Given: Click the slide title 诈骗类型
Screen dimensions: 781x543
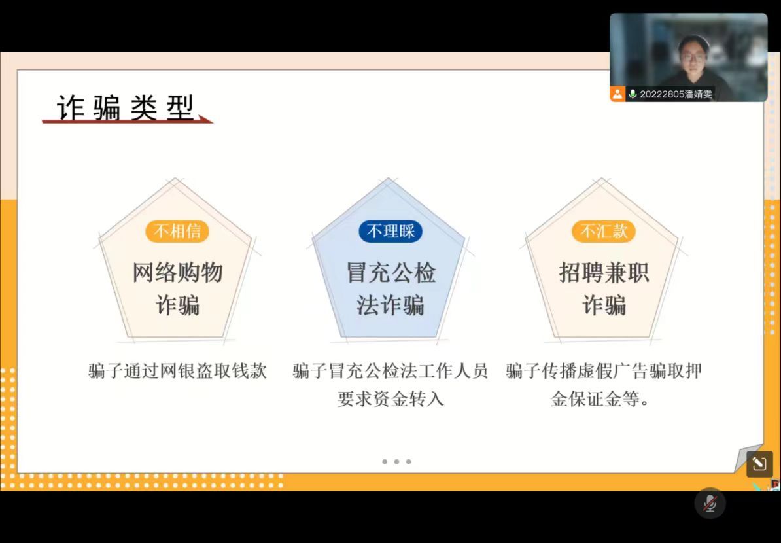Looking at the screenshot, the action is [125, 107].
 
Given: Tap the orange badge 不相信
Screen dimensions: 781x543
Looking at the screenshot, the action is [177, 231].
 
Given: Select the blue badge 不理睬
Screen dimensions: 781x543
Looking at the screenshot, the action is [390, 231].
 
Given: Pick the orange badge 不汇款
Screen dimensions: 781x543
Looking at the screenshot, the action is [604, 231].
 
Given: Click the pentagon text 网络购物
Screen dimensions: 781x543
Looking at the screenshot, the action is [177, 273].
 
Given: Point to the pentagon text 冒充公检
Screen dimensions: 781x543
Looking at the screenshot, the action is [391, 273].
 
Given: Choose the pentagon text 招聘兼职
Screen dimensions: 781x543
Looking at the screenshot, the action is [604, 273].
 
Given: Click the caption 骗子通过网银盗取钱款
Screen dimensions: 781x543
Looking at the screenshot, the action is [178, 371].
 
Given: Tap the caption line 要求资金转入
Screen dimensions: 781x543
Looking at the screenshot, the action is [390, 399].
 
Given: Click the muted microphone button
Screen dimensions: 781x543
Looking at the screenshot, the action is [710, 503].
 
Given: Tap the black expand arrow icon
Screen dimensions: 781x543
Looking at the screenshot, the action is [759, 464].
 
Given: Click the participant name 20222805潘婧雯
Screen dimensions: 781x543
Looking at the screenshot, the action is [676, 94].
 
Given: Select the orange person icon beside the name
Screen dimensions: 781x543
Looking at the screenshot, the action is [617, 94].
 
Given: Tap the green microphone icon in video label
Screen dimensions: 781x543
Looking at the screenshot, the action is [633, 94].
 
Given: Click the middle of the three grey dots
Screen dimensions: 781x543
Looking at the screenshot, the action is [396, 462].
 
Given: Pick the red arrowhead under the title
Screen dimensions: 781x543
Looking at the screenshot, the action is [205, 119].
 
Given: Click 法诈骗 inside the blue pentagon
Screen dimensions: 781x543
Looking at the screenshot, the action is [390, 305].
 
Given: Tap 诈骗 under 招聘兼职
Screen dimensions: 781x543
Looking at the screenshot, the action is [604, 305].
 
